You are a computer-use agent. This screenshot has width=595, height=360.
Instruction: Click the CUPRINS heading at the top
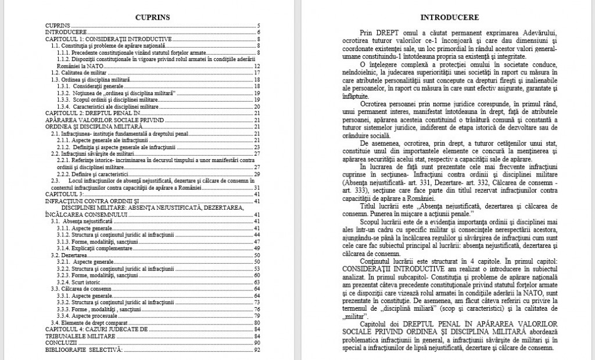(x=152, y=17)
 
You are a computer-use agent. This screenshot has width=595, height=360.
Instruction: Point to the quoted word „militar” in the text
(x=356, y=316)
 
